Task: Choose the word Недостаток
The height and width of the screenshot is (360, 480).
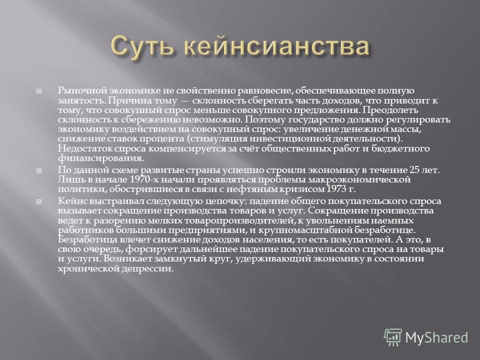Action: tap(85, 148)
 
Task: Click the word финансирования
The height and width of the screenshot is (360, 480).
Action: tap(100, 158)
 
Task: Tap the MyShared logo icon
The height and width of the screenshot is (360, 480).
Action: tap(393, 337)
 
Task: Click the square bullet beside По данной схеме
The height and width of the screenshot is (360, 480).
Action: tap(39, 170)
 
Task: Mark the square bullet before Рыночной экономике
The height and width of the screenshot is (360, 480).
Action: tap(39, 91)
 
